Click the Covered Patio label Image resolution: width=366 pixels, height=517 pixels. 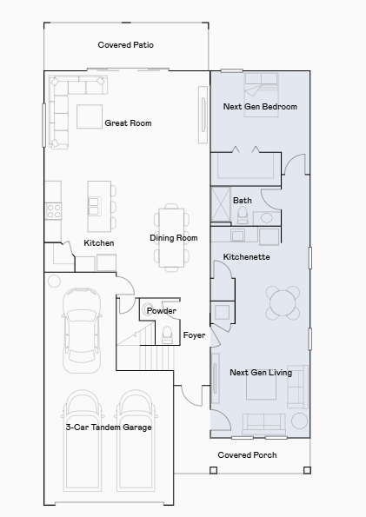(x=125, y=45)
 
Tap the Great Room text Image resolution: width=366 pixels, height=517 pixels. (x=128, y=123)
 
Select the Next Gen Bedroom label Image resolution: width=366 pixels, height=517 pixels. (x=260, y=107)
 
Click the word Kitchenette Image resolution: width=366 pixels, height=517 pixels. (x=247, y=257)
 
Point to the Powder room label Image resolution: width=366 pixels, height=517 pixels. (x=162, y=310)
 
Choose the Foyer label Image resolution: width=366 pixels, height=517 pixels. (x=194, y=335)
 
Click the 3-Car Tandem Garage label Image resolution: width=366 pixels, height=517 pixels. (x=109, y=427)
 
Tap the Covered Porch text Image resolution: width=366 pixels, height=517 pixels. (x=247, y=455)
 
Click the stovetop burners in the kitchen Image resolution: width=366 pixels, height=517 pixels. (x=53, y=211)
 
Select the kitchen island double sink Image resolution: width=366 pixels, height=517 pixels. (x=95, y=207)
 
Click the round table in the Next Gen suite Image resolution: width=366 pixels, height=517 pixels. (x=283, y=302)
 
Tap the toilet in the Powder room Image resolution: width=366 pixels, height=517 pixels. (x=167, y=335)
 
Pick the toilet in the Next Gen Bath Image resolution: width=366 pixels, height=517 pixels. (x=243, y=215)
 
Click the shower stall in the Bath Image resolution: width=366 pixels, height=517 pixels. (x=221, y=205)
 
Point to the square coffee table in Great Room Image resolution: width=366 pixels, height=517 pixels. (x=90, y=116)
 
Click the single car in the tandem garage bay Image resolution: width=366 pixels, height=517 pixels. (x=82, y=330)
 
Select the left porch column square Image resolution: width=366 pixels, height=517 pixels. (x=214, y=470)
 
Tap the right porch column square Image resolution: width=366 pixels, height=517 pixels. (x=307, y=470)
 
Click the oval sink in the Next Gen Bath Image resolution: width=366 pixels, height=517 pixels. (x=266, y=218)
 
